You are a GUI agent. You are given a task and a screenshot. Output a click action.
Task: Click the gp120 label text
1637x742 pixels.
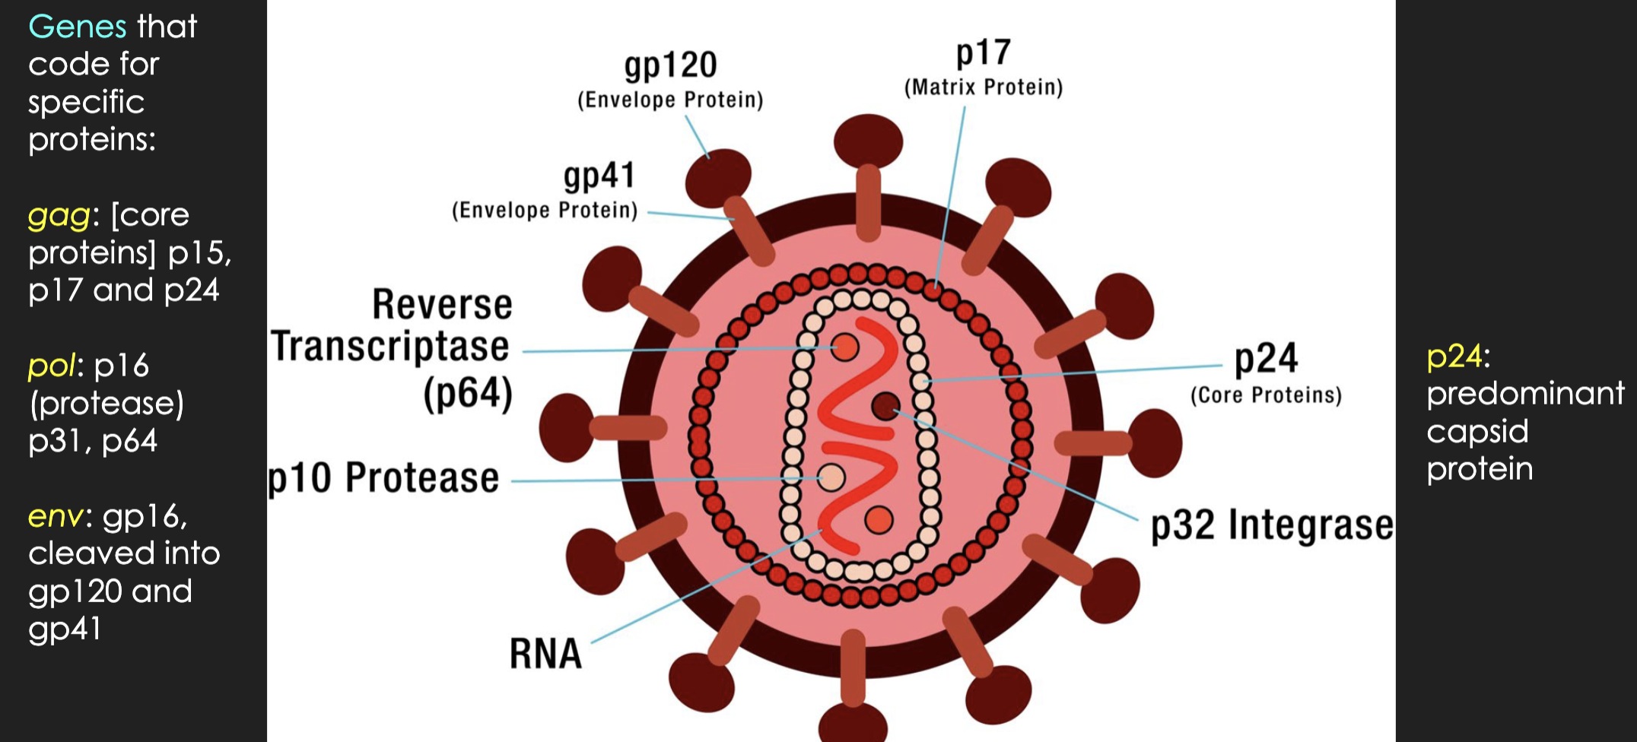[670, 66]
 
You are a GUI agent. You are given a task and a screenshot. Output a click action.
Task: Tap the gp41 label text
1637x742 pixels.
[599, 176]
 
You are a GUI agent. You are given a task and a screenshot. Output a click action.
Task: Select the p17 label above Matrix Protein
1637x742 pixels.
[983, 53]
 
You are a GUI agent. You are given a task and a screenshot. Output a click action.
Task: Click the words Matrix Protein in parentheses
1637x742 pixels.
[983, 87]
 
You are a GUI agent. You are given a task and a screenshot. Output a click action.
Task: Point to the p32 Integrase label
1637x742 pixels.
[1271, 525]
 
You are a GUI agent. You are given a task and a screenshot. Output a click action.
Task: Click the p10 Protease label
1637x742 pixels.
[383, 478]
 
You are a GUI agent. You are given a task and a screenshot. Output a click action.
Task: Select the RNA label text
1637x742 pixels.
[545, 654]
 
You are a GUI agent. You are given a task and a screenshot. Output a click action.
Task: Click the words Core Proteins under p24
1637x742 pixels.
[1266, 395]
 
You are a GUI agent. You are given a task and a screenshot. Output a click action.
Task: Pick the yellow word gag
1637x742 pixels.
[59, 216]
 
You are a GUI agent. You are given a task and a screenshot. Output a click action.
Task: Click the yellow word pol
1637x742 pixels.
[52, 366]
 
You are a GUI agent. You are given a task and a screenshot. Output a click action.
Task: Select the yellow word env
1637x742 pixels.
[55, 517]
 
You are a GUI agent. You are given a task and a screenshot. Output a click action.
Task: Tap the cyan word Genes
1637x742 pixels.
[77, 27]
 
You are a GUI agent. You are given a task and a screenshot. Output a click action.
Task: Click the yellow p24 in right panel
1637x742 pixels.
[1454, 357]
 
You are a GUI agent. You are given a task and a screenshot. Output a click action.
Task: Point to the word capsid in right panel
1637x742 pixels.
[1476, 432]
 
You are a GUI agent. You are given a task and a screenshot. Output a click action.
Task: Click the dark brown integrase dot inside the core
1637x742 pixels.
[885, 407]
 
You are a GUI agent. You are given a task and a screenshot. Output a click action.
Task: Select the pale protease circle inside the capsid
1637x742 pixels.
[831, 477]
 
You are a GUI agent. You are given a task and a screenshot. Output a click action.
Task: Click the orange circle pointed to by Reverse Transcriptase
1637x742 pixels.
[844, 347]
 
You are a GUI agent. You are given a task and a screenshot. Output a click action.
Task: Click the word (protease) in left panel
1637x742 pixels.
[106, 404]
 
